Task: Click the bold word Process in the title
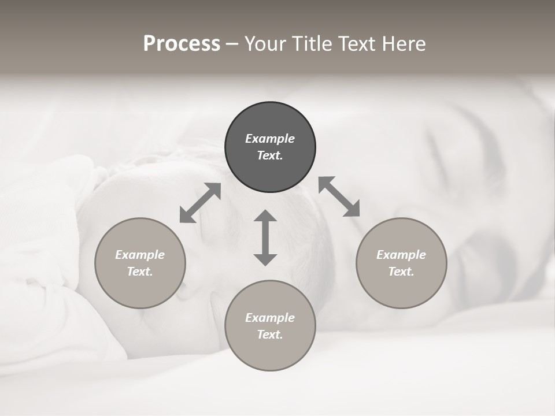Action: pyautogui.click(x=182, y=44)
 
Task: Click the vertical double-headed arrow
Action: pyautogui.click(x=265, y=237)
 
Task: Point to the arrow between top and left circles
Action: pyautogui.click(x=201, y=203)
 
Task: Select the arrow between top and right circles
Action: pyautogui.click(x=339, y=196)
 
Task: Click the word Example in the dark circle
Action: pyautogui.click(x=270, y=139)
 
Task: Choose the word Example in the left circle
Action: pyautogui.click(x=140, y=255)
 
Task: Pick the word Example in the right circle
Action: pyautogui.click(x=401, y=255)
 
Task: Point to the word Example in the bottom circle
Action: pyautogui.click(x=270, y=318)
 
